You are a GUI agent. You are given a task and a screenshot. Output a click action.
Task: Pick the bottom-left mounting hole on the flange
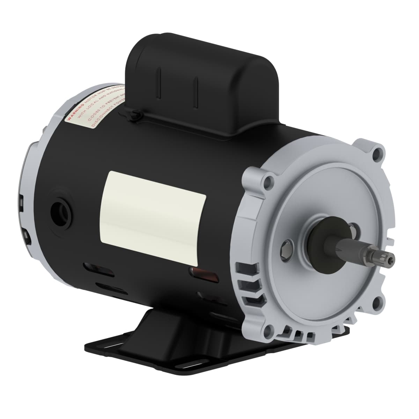(x=268, y=329)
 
